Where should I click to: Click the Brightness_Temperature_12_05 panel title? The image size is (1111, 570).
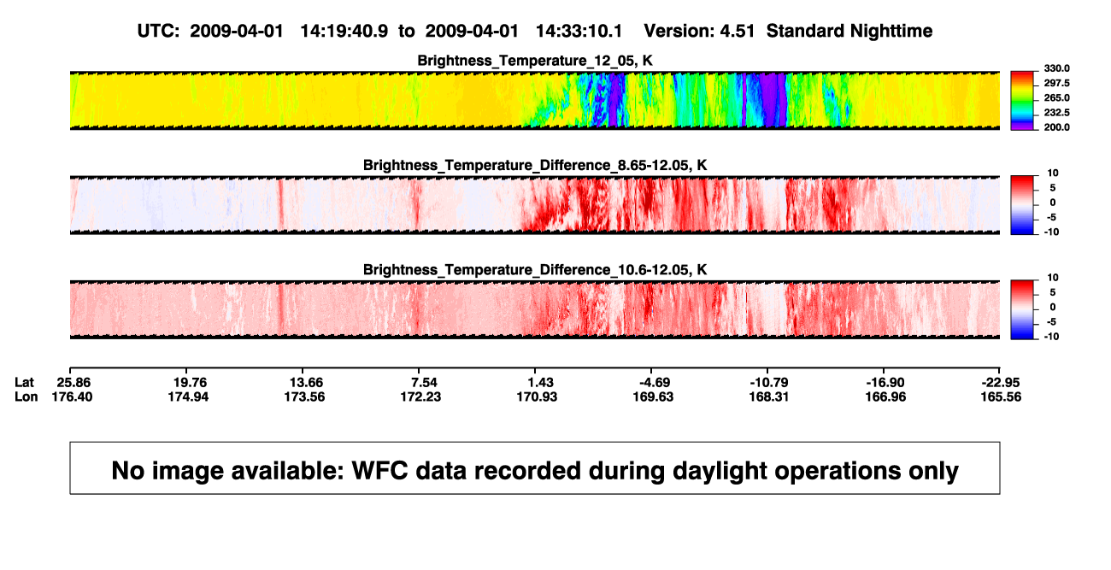pos(535,61)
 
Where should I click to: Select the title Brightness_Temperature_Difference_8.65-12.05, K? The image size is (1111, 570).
pos(535,165)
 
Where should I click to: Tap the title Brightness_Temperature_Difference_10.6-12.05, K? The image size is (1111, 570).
pos(535,270)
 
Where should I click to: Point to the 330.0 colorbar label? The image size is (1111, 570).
pos(1056,68)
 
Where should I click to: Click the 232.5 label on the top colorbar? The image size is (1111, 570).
pos(1056,113)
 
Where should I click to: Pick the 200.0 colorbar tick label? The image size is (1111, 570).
pos(1056,127)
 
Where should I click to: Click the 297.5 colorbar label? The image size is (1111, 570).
pos(1056,84)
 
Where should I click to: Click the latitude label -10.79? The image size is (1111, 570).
pos(769,383)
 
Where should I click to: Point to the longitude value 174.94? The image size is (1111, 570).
pos(188,397)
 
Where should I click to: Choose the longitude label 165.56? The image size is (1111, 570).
pos(1001,397)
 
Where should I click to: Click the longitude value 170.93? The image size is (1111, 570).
pos(537,397)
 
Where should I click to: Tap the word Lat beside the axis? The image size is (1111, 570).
pos(24,383)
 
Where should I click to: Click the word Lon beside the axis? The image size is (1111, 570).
pos(26,397)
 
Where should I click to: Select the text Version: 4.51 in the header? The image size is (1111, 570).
pos(699,31)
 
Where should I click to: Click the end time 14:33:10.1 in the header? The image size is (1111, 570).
pos(579,31)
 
